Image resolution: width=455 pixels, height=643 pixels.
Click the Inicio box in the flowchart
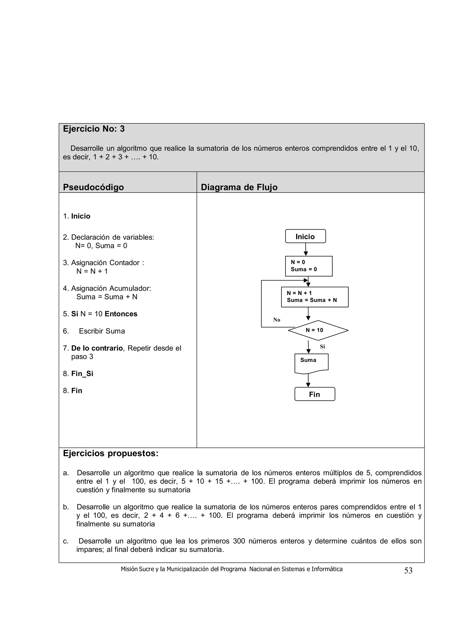(x=305, y=236)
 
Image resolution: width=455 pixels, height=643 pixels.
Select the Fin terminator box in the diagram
(x=315, y=394)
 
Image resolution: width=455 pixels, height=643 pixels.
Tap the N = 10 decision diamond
(x=318, y=330)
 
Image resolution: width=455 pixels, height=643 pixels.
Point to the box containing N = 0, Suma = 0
(x=309, y=266)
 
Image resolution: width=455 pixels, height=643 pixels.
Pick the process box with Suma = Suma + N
(x=315, y=297)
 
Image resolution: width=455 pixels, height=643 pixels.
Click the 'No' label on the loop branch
(x=276, y=320)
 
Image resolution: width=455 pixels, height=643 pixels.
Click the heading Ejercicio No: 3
(x=94, y=129)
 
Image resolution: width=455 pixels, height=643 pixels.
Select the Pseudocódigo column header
(x=93, y=187)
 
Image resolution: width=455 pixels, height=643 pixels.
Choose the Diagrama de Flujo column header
(x=239, y=187)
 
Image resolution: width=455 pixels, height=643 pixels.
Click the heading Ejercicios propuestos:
(x=110, y=453)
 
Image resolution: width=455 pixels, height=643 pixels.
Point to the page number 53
(x=408, y=571)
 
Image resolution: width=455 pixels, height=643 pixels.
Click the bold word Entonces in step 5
(x=121, y=314)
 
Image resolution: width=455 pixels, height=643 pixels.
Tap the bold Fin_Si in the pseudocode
(x=82, y=374)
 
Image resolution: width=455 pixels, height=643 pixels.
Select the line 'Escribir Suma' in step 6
(x=102, y=331)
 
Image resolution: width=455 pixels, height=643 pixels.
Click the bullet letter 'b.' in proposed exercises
(x=66, y=507)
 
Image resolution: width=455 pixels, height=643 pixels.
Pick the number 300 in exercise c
(x=239, y=541)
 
